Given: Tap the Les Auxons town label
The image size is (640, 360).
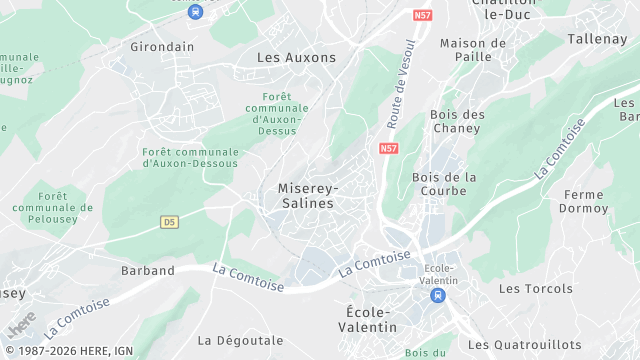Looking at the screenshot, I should coord(297,58).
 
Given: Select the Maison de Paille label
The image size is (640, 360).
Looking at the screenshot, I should coord(473,50).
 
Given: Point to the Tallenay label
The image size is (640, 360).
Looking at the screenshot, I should coord(597,38).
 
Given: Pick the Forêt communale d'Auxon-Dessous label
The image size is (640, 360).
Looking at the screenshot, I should coord(191,157).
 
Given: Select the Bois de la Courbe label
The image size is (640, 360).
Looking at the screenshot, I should coord(445,184).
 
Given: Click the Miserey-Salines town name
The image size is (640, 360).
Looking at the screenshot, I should coord(307,195).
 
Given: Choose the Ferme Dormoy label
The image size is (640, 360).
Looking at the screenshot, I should coord(585,201).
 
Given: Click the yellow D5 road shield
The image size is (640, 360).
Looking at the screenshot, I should coord(169,222).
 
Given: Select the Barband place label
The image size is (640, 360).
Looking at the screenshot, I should coord(148,271).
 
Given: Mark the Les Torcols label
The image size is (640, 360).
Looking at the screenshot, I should coord(536,289).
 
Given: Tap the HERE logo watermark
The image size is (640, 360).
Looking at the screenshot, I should coord(20,326).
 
